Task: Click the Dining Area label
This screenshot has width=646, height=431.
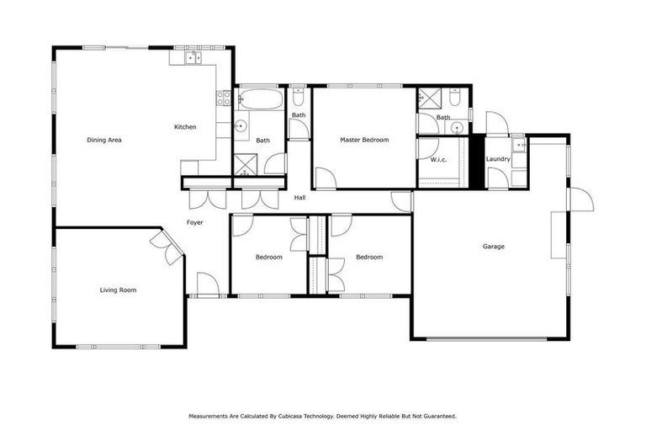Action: pos(104,140)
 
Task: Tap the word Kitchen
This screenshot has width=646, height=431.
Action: pos(185,127)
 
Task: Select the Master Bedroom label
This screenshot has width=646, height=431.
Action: pos(364,140)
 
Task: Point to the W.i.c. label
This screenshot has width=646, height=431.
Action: pos(437,159)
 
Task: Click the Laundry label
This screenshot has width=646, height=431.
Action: pos(499,159)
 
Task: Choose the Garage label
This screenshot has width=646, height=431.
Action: pos(493,247)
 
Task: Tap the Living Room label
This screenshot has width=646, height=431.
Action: pos(118,290)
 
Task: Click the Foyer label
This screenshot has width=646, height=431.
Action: pos(195,222)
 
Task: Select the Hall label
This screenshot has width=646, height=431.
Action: pos(299,198)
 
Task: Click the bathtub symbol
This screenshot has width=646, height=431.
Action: pos(258,101)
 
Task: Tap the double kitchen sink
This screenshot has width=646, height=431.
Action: pos(191,57)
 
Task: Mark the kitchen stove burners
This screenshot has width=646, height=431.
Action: pos(225,98)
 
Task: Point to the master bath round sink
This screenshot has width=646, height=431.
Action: pos(457,128)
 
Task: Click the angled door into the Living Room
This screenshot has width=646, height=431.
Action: pos(167,247)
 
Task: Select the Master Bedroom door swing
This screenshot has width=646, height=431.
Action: pos(325,178)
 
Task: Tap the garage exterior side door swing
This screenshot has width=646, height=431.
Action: pos(581,200)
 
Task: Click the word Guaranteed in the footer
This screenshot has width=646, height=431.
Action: pos(438,416)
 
